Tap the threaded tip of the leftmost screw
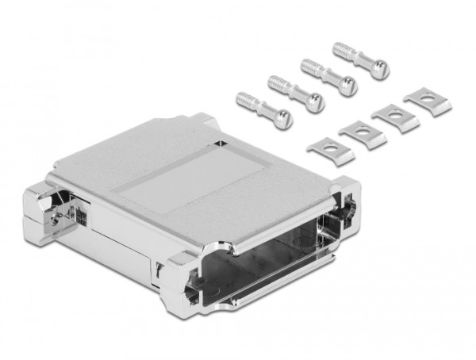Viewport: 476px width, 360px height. [245, 99]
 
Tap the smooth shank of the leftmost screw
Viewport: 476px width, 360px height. [265, 110]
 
